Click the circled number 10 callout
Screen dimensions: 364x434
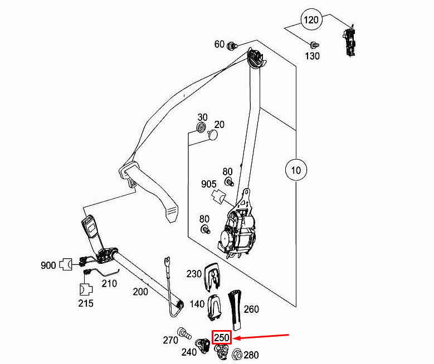click(x=296, y=170)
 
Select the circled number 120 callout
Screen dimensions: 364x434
click(x=311, y=19)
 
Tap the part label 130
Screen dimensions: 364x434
click(x=312, y=56)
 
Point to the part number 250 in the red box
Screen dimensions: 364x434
click(x=222, y=338)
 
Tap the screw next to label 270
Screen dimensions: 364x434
click(x=184, y=334)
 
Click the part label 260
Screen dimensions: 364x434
click(x=251, y=309)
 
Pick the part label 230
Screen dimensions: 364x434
click(x=194, y=274)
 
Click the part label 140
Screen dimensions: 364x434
click(x=197, y=304)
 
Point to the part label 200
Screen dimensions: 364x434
click(x=140, y=292)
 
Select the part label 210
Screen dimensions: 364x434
click(x=109, y=283)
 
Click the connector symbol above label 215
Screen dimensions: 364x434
click(x=86, y=289)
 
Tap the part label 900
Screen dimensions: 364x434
click(x=48, y=265)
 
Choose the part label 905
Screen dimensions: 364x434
click(x=208, y=184)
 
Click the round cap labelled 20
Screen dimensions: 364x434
click(x=212, y=135)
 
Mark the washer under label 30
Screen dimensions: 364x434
click(x=201, y=131)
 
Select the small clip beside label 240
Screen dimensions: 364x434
click(x=205, y=346)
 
